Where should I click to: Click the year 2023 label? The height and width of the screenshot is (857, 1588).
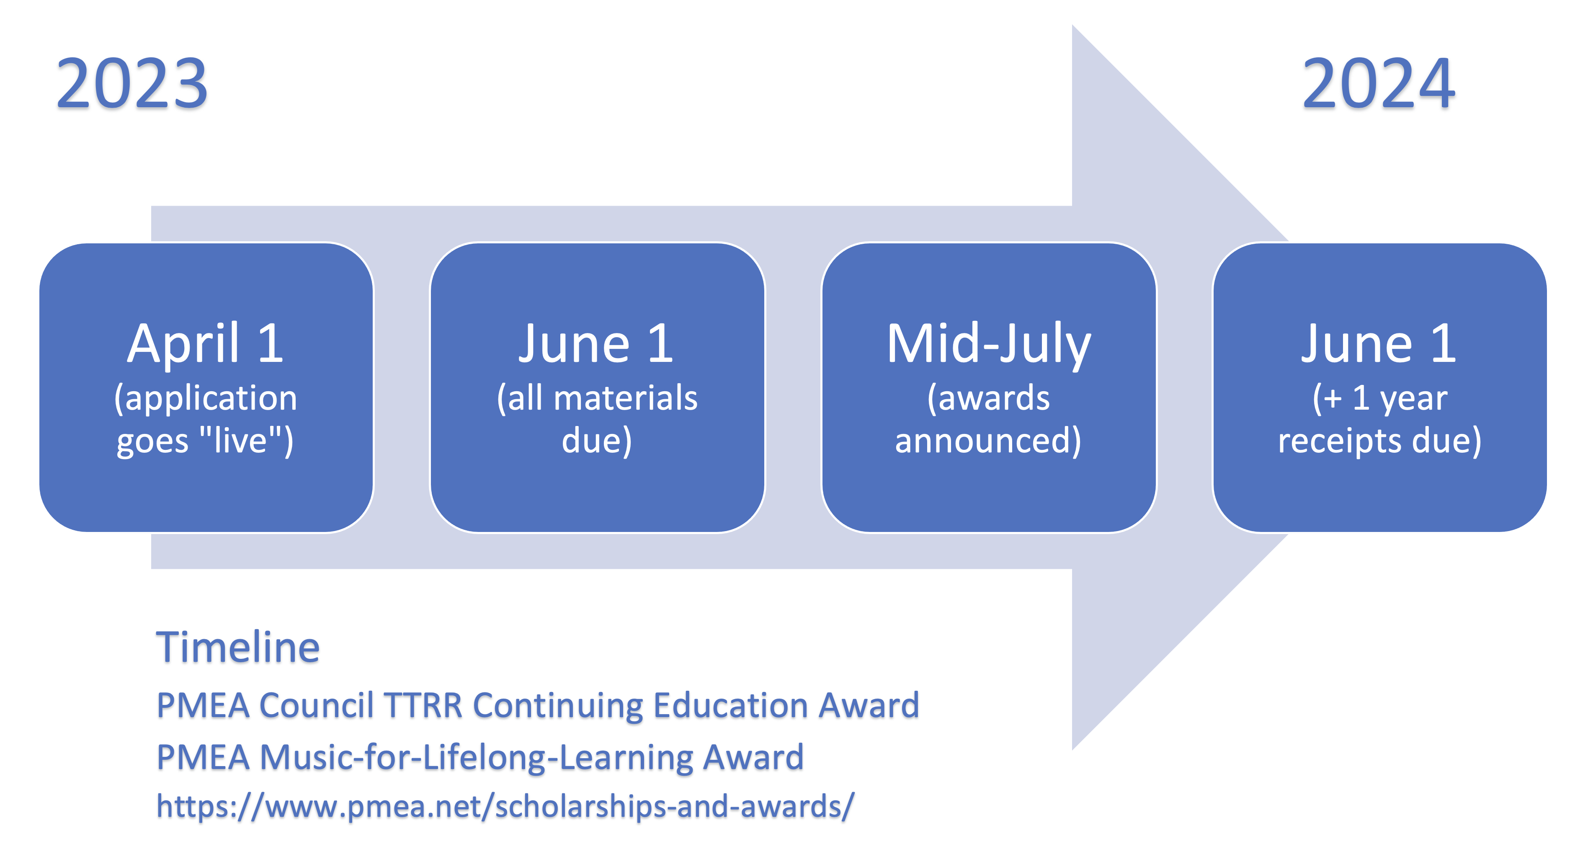click(x=132, y=83)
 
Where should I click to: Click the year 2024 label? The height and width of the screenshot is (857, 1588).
click(x=1379, y=83)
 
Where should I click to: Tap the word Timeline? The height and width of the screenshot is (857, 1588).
click(x=238, y=648)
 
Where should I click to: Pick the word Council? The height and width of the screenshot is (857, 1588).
click(x=316, y=705)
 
